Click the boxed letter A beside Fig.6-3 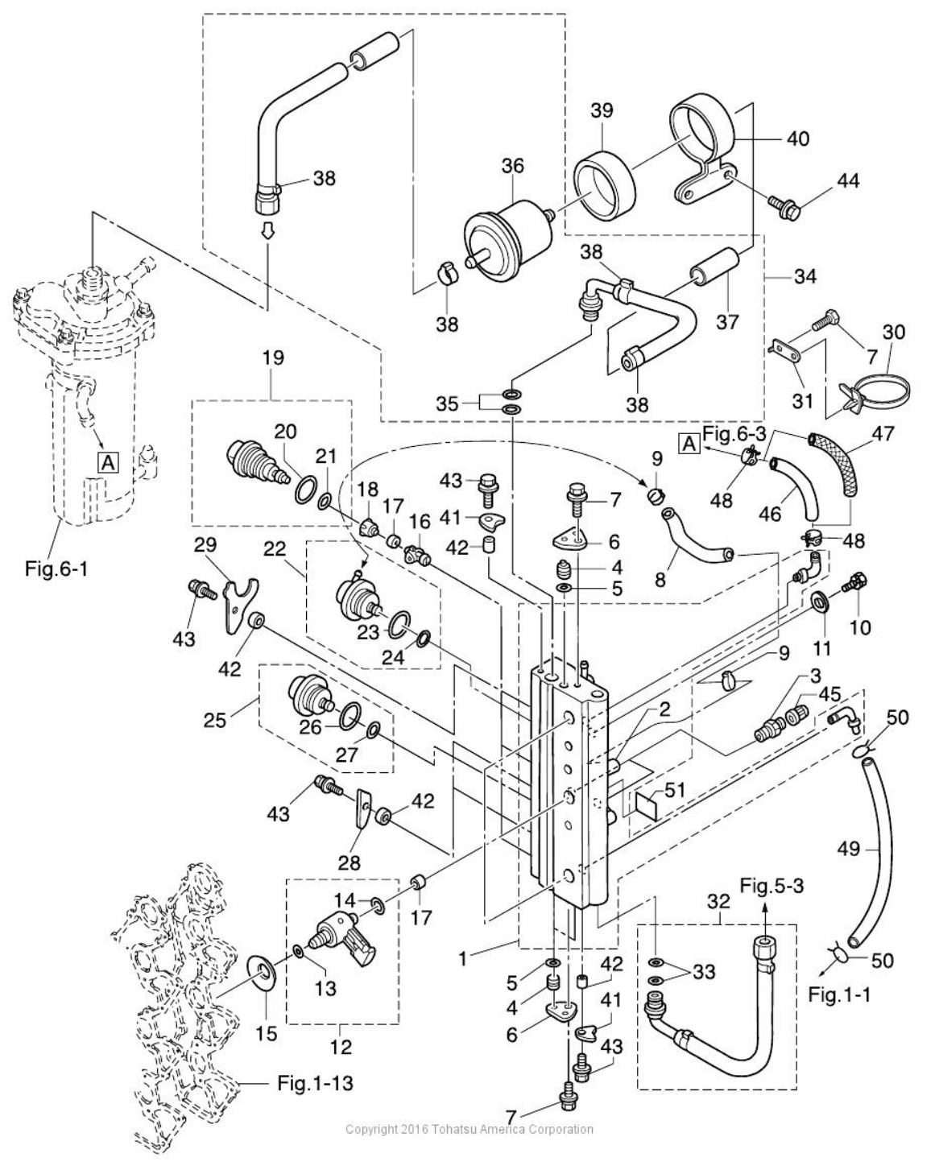pos(689,444)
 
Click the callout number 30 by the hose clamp pos(894,332)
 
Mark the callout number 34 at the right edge pos(805,277)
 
